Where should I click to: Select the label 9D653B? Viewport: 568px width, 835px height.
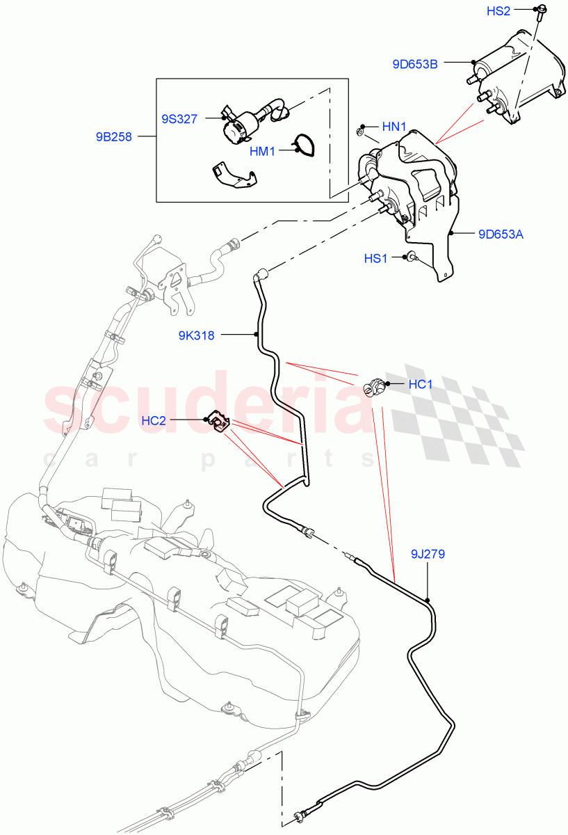pyautogui.click(x=415, y=65)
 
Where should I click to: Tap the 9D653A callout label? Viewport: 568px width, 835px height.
pyautogui.click(x=501, y=234)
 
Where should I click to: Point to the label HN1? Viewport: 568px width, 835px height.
pyautogui.click(x=394, y=127)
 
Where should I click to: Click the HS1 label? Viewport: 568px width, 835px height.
pyautogui.click(x=375, y=259)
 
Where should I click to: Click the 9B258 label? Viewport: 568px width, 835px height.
pyautogui.click(x=113, y=137)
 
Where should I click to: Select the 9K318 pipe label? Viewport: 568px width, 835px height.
pyautogui.click(x=196, y=335)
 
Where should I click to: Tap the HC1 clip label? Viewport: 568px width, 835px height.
pyautogui.click(x=421, y=384)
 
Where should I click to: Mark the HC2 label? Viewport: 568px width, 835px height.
pyautogui.click(x=154, y=420)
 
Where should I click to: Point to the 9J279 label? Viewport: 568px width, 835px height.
pyautogui.click(x=427, y=555)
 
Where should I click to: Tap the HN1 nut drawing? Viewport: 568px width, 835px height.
pyautogui.click(x=361, y=130)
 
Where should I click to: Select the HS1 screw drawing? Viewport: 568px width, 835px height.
pyautogui.click(x=411, y=258)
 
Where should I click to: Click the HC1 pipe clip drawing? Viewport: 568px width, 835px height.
pyautogui.click(x=374, y=385)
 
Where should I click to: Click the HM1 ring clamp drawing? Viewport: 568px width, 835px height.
pyautogui.click(x=303, y=144)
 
